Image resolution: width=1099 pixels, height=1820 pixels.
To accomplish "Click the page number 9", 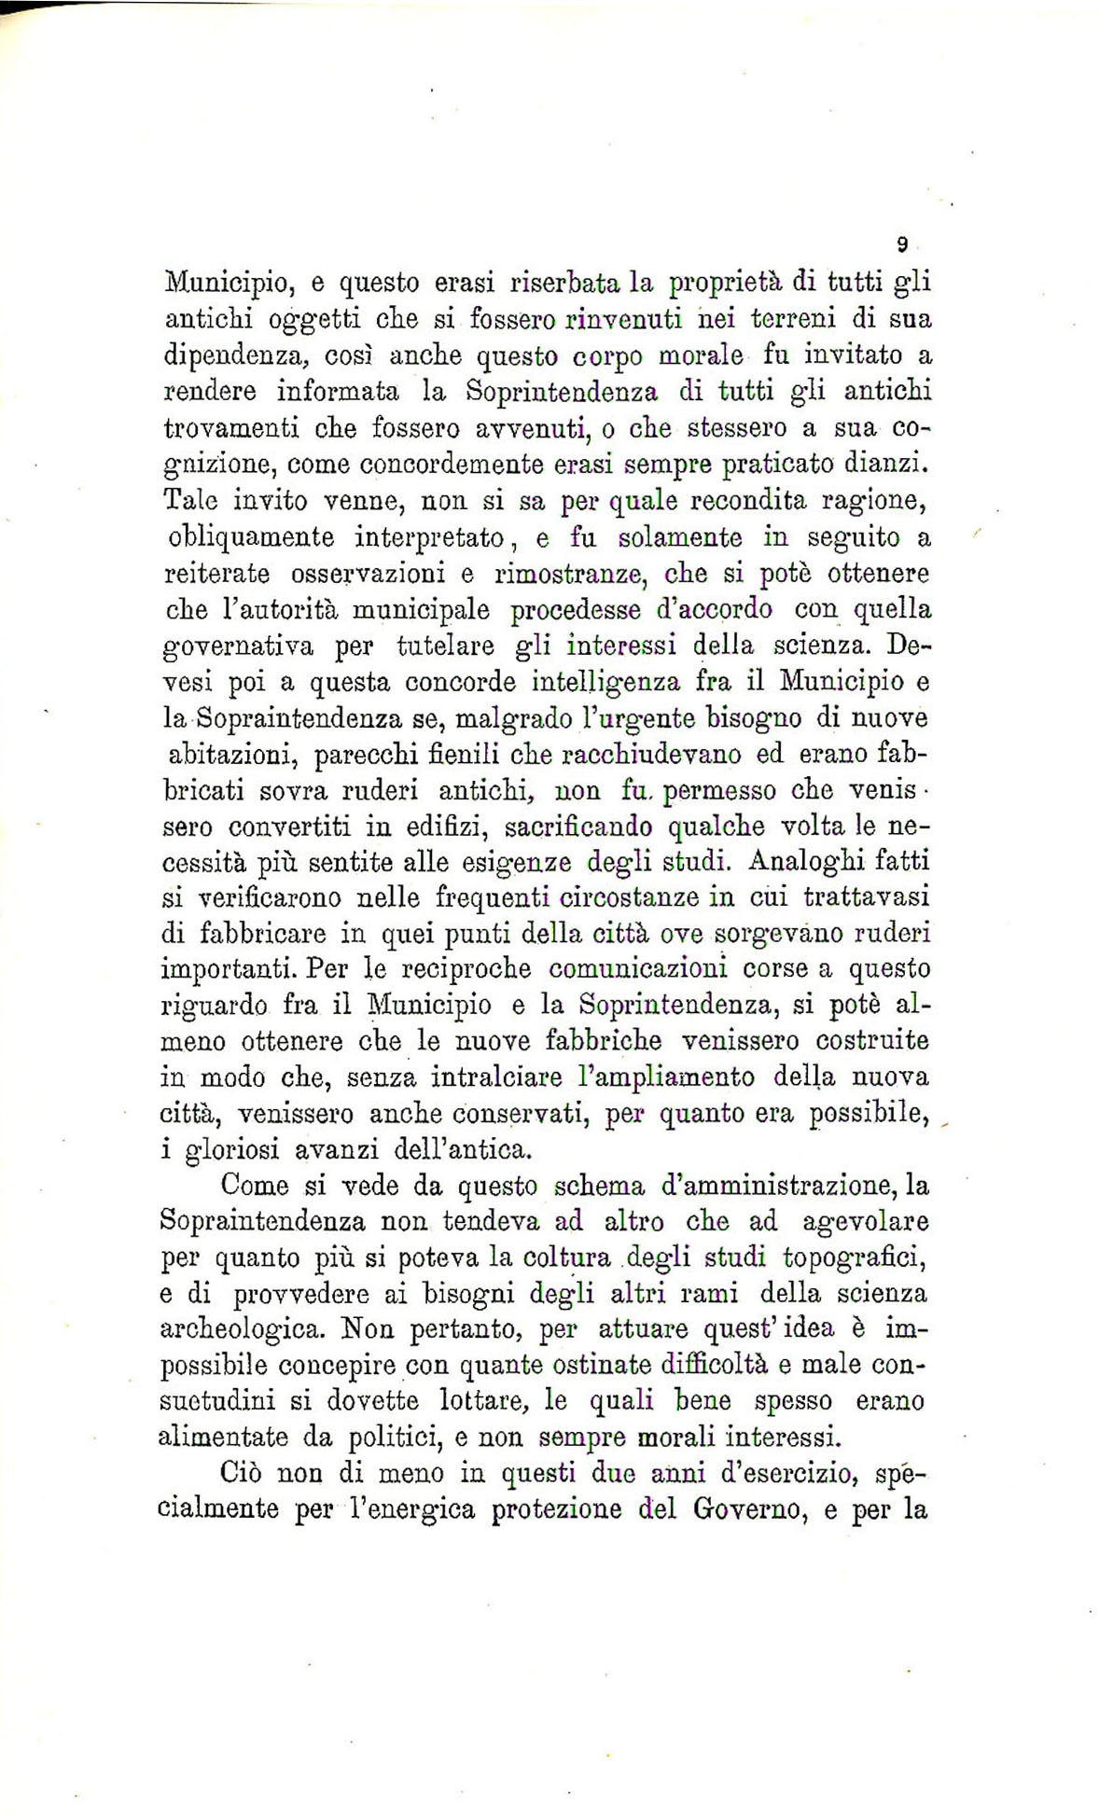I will point(902,245).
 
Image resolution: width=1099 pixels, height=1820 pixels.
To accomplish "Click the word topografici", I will point(853,1259).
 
